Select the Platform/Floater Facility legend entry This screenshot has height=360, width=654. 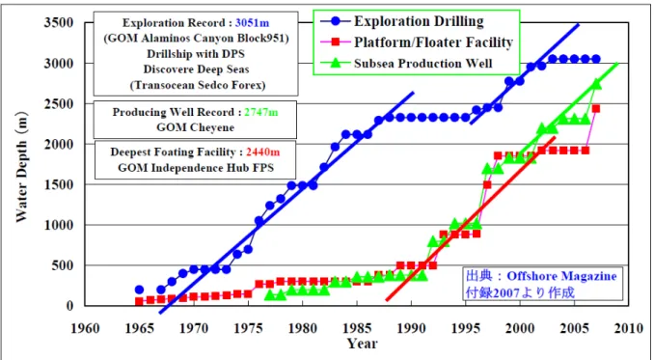tap(417, 42)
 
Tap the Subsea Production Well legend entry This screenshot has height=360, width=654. tap(406, 64)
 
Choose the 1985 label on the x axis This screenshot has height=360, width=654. tap(357, 328)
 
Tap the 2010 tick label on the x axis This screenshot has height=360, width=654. tap(628, 328)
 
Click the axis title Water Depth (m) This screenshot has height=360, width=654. tap(21, 167)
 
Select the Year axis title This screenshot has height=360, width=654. tap(362, 344)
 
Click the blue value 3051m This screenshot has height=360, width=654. tap(253, 23)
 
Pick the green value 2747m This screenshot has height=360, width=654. tap(261, 112)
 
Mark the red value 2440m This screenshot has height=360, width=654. tap(262, 152)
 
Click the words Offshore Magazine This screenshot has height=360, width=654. tap(561, 276)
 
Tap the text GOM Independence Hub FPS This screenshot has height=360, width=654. tap(196, 168)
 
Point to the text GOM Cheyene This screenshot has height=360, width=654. tap(195, 127)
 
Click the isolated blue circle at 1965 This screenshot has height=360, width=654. tap(139, 290)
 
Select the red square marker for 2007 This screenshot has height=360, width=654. tap(596, 108)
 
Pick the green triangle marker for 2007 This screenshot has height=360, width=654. tap(596, 84)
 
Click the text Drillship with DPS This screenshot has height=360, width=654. tap(196, 54)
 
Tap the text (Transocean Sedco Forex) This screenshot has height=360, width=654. tap(198, 85)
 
